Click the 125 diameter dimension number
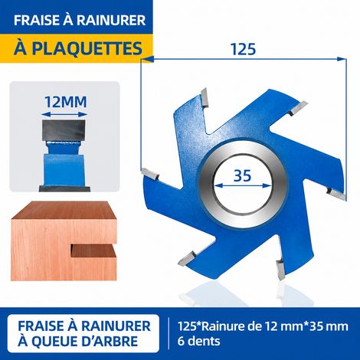click(x=243, y=49)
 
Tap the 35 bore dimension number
click(x=242, y=175)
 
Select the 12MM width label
click(x=66, y=102)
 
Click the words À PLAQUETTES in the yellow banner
click(x=77, y=48)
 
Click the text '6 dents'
click(x=198, y=341)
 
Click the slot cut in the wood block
click(x=93, y=250)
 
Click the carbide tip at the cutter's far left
click(x=150, y=174)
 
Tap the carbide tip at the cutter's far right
click(x=335, y=193)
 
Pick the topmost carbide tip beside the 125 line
click(x=205, y=97)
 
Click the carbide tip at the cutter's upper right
click(x=299, y=108)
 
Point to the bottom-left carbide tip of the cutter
click(x=188, y=258)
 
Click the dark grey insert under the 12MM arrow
click(x=64, y=129)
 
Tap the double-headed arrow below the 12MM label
click(x=64, y=114)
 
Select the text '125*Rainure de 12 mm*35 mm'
click(x=263, y=326)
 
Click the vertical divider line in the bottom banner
click(x=169, y=333)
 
